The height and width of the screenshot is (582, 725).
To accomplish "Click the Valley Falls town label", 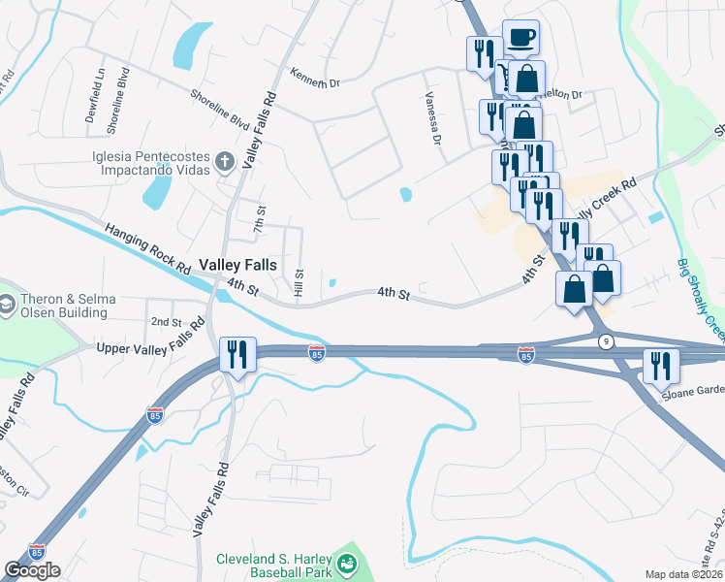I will click(237, 264).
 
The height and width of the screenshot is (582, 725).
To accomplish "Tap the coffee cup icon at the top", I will click(521, 37).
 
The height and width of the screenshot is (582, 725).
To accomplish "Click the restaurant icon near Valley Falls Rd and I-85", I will click(237, 353).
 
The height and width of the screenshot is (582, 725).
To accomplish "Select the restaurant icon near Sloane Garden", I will click(662, 366).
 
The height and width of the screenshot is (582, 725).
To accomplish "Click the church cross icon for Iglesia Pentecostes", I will click(225, 160).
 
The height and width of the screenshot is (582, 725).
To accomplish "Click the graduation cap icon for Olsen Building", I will click(6, 306).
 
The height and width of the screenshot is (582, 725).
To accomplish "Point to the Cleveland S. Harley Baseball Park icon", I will click(346, 564).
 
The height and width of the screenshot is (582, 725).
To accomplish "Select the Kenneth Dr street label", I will click(315, 78).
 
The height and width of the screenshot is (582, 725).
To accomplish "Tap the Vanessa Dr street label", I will click(432, 118).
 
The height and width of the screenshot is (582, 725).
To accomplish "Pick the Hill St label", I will click(299, 283).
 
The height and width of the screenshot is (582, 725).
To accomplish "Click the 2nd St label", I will click(166, 321).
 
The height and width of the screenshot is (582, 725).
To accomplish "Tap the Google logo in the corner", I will click(32, 569).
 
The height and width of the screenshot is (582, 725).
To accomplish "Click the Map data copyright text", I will click(684, 574).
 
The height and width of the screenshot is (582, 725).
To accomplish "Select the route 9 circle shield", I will click(606, 340).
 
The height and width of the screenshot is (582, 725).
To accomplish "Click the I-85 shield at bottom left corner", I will click(37, 551).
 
